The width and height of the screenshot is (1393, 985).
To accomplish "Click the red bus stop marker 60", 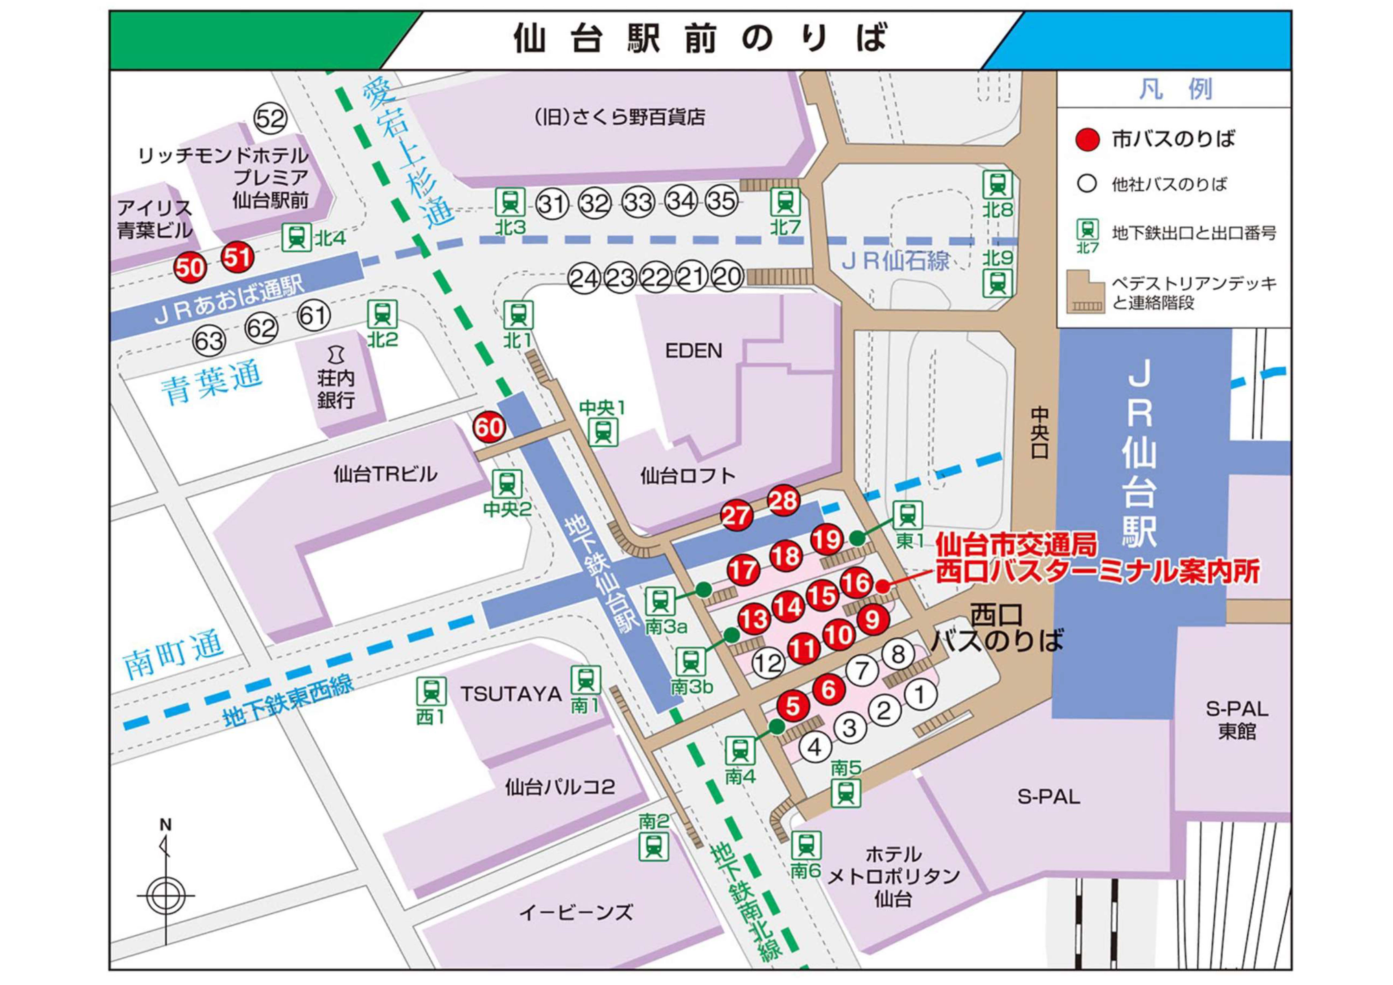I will (489, 427).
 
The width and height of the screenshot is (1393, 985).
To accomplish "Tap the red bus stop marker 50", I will (190, 267).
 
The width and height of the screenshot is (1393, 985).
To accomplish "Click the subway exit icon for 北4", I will (297, 237).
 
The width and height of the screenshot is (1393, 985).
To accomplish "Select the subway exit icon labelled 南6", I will (806, 845).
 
